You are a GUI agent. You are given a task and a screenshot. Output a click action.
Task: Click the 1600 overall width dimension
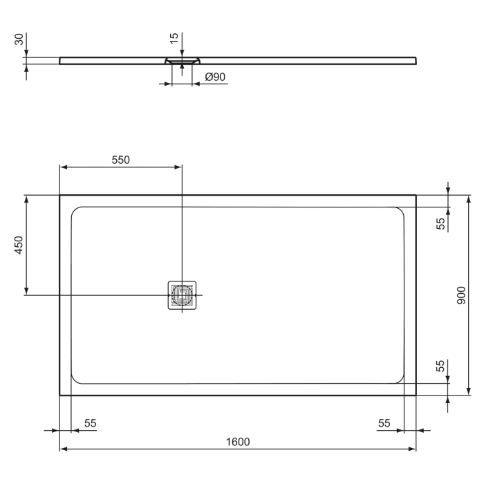pyautogui.click(x=237, y=442)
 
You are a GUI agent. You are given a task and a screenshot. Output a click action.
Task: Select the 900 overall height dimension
pyautogui.click(x=461, y=295)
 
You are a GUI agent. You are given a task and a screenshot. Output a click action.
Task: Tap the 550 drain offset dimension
pyautogui.click(x=120, y=160)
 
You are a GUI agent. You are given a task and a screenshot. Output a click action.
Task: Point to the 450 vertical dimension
pyautogui.click(x=19, y=245)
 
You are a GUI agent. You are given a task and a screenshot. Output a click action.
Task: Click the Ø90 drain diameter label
pyautogui.click(x=214, y=77)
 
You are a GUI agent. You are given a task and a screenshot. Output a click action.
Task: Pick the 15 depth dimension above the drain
pyautogui.click(x=175, y=39)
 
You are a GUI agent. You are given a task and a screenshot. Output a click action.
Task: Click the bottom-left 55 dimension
pyautogui.click(x=90, y=423)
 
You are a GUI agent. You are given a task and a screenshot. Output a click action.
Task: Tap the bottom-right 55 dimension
pyautogui.click(x=384, y=423)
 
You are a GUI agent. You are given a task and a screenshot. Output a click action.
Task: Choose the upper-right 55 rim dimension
pyautogui.click(x=440, y=223)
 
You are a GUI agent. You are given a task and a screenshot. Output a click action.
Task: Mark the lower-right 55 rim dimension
pyautogui.click(x=440, y=366)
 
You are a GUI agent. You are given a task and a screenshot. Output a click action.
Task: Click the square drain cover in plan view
pyautogui.click(x=183, y=295)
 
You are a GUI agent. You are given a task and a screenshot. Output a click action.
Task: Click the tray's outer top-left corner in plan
pyautogui.click(x=60, y=195)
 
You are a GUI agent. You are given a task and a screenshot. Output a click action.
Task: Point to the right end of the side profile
pyautogui.click(x=416, y=60)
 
